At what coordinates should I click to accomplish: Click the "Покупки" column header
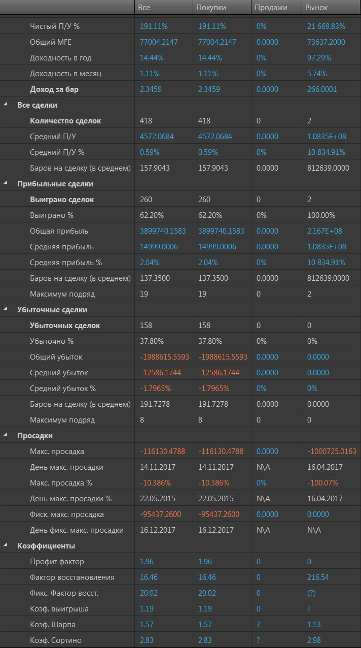(x=211, y=8)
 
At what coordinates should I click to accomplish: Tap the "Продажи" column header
(x=271, y=8)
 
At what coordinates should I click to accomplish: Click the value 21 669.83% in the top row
(x=326, y=26)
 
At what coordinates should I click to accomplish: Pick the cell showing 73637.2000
(x=326, y=42)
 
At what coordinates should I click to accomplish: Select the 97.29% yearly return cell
(x=319, y=58)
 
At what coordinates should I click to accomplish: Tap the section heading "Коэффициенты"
(x=46, y=546)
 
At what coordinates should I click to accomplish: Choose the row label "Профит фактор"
(x=57, y=562)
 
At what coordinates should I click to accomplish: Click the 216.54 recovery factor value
(x=318, y=577)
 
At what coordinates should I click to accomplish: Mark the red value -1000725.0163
(x=332, y=451)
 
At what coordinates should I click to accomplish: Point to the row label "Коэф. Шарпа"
(x=52, y=625)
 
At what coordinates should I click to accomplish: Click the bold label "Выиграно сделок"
(x=62, y=200)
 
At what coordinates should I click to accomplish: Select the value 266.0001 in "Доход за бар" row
(x=322, y=89)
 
